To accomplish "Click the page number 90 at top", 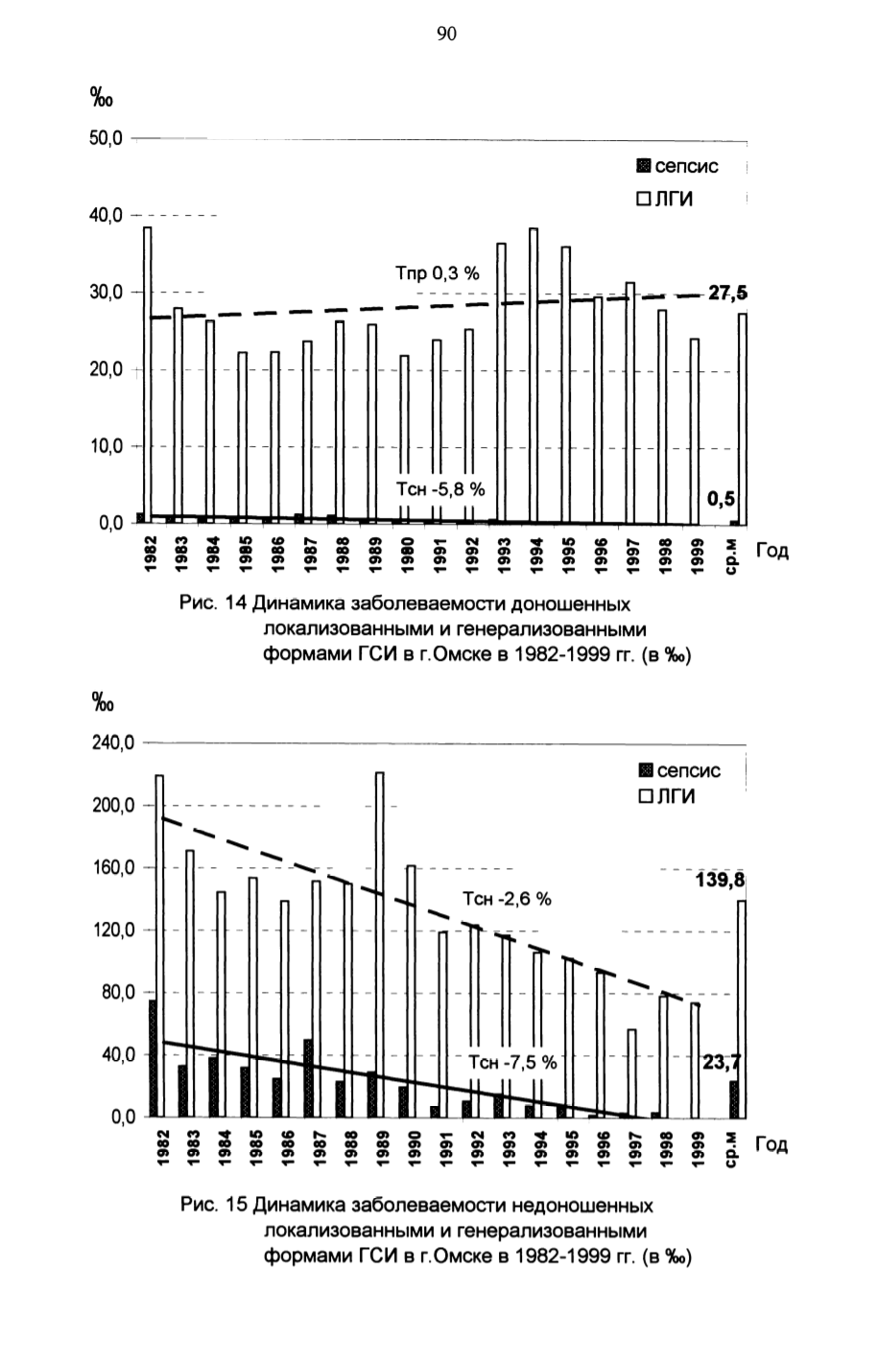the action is tap(446, 35).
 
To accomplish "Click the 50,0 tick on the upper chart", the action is tap(106, 139).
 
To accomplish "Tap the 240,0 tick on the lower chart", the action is tap(112, 743).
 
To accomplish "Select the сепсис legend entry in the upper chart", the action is tap(677, 166).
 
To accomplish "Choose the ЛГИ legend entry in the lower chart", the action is tap(666, 796).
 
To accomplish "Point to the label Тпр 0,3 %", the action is tap(438, 273).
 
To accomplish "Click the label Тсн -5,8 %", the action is tap(440, 489).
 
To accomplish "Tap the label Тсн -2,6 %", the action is tap(507, 899).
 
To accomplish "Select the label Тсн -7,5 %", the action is tap(512, 1063).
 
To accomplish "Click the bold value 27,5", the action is tap(727, 294).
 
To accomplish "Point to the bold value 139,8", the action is tap(720, 880).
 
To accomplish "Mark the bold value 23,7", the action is tap(722, 1063).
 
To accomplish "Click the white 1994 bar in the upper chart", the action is tap(533, 376).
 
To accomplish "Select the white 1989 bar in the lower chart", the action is tap(380, 945).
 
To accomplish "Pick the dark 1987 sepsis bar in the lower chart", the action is tap(308, 1078).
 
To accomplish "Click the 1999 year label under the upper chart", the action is tap(699, 555).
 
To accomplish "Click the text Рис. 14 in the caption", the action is tap(213, 603).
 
